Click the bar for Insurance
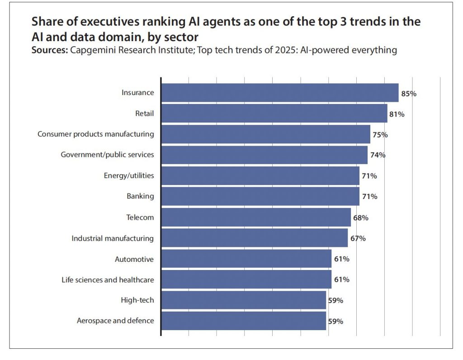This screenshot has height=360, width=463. [x=280, y=93]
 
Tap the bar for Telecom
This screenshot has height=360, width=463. [x=256, y=218]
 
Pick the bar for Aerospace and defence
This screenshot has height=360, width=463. [x=244, y=321]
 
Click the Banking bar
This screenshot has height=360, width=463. [x=260, y=196]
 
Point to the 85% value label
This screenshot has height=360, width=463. [x=408, y=94]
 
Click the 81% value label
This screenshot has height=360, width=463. [x=397, y=114]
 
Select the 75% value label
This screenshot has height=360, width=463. [x=380, y=135]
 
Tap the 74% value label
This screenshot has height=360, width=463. [x=377, y=155]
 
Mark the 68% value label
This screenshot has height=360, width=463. [x=360, y=218]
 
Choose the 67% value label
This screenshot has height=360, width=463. [x=358, y=238]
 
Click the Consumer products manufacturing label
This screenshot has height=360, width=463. [x=95, y=134]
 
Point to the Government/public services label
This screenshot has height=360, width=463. [x=107, y=155]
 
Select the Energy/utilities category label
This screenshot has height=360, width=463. [x=129, y=175]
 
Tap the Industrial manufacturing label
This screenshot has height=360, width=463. [x=113, y=238]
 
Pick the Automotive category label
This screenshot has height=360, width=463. [x=134, y=259]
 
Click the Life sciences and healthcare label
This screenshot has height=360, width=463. [x=108, y=280]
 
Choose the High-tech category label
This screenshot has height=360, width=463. [x=137, y=300]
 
